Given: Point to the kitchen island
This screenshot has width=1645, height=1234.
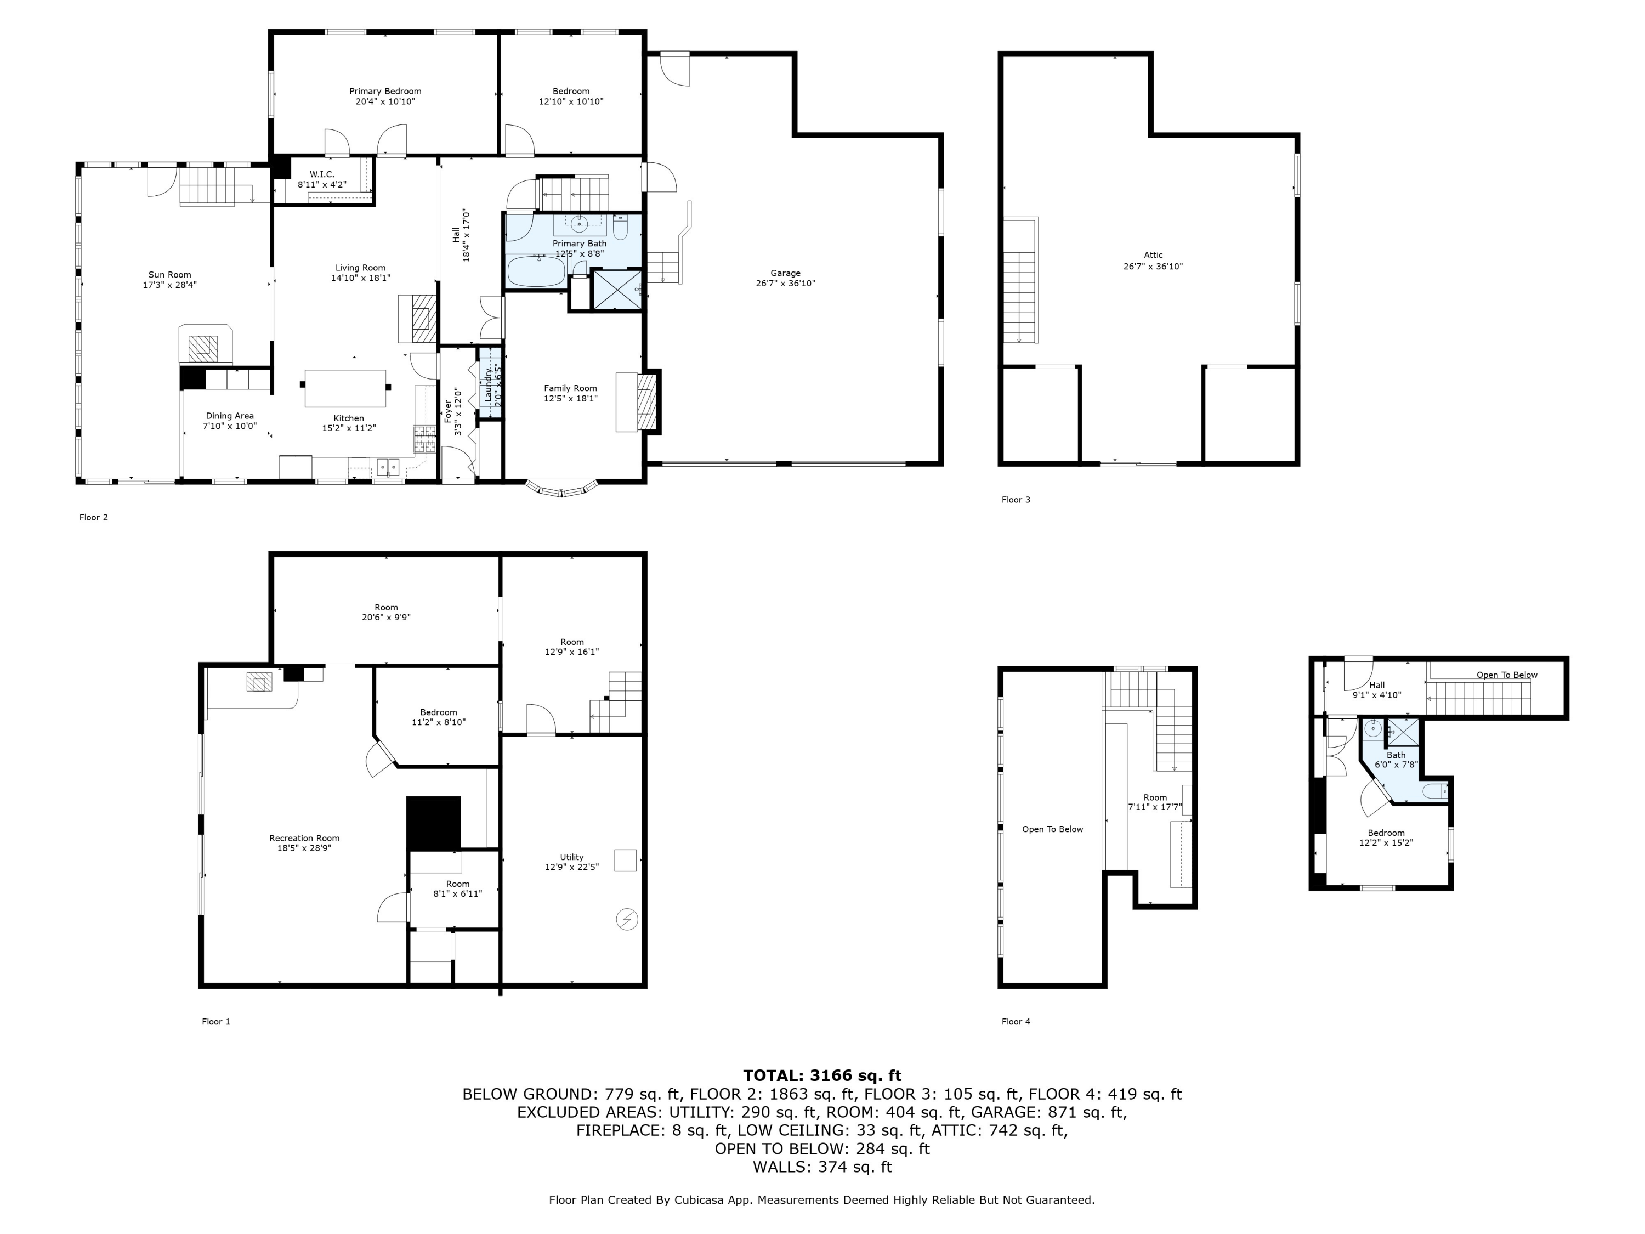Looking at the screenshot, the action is [x=345, y=388].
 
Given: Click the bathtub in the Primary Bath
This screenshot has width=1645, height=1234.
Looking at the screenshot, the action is [x=536, y=271].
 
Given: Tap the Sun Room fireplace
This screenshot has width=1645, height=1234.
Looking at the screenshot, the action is [x=205, y=344].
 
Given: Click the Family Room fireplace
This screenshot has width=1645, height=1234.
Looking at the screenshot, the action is [x=646, y=403].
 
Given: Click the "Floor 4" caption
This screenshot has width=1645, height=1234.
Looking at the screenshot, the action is [x=1016, y=1021].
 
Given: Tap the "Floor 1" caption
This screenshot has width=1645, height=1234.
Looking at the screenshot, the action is [x=215, y=1021].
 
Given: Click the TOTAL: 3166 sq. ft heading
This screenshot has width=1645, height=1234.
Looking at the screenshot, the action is [x=822, y=1075].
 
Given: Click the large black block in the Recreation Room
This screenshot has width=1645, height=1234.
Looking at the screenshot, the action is [x=434, y=823].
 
